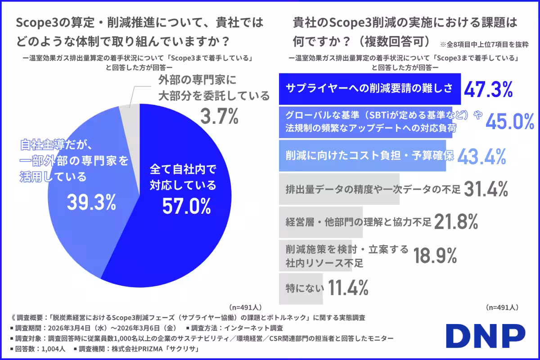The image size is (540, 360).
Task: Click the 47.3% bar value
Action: tap(488, 90)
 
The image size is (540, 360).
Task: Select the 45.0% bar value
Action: tap(504, 121)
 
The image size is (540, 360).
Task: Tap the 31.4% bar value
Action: tap(486, 189)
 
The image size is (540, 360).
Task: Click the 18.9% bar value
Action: tap(435, 255)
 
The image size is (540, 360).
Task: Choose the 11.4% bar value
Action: tap(348, 287)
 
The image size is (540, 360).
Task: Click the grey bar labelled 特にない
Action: tap(301, 287)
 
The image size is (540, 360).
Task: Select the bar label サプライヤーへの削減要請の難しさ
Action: tap(369, 88)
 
